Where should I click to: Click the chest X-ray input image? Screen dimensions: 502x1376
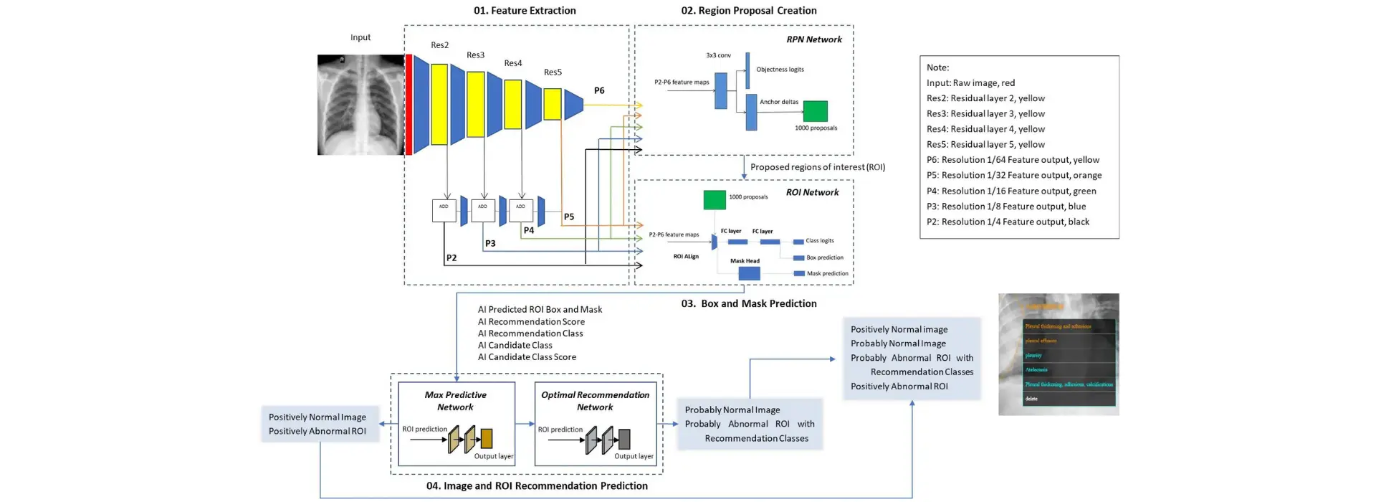[x=360, y=105]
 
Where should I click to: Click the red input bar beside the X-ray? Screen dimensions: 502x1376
[x=408, y=105]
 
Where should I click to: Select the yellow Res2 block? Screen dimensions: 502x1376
[x=439, y=100]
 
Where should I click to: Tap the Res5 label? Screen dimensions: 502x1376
[x=553, y=72]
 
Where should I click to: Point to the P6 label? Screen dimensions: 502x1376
[x=599, y=91]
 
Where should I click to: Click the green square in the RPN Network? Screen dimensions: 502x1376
[x=815, y=111]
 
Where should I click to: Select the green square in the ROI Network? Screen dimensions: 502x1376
[x=715, y=200]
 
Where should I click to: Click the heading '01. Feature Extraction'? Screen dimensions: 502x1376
[x=525, y=11]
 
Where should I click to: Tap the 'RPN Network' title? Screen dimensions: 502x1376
[x=814, y=39]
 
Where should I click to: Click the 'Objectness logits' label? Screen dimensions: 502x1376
[x=780, y=70]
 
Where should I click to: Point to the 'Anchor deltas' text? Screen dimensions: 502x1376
[x=779, y=102]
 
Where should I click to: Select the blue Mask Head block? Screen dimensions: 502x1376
[x=749, y=273]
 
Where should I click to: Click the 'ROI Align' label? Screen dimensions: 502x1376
[x=686, y=256]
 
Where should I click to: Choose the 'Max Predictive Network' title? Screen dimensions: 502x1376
[x=455, y=401]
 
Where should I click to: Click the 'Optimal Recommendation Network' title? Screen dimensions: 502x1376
[x=595, y=401]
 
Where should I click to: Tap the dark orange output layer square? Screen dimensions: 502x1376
[x=487, y=438]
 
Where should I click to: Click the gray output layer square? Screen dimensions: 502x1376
[x=624, y=438]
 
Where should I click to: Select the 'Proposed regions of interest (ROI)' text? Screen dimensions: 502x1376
[x=817, y=167]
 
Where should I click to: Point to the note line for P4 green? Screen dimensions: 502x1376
[x=1011, y=191]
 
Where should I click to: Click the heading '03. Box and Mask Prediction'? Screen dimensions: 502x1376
[x=749, y=304]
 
